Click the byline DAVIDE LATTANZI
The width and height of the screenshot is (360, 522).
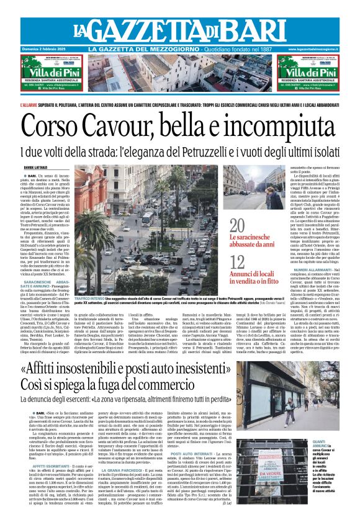pos(36,168)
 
